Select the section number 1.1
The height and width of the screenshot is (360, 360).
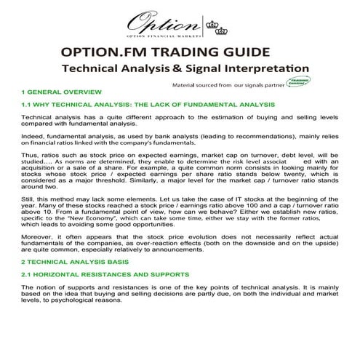tap(28, 105)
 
